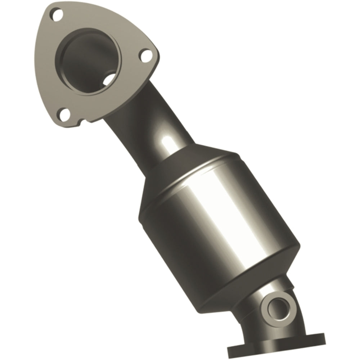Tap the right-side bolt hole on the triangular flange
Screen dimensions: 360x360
(145, 55)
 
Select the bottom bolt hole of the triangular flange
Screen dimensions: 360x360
(65, 115)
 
